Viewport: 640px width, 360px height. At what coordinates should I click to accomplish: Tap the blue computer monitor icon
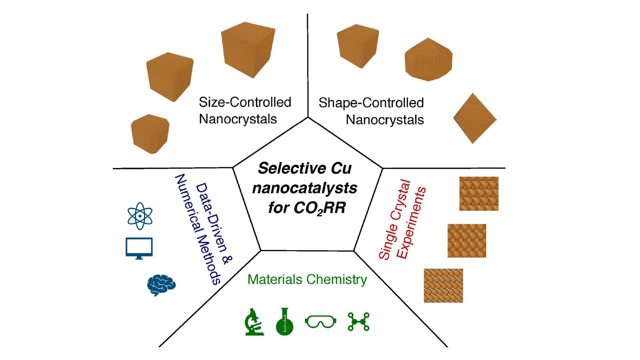pyautogui.click(x=139, y=248)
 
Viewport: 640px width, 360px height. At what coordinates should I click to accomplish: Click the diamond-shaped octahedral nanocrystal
pyautogui.click(x=475, y=118)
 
